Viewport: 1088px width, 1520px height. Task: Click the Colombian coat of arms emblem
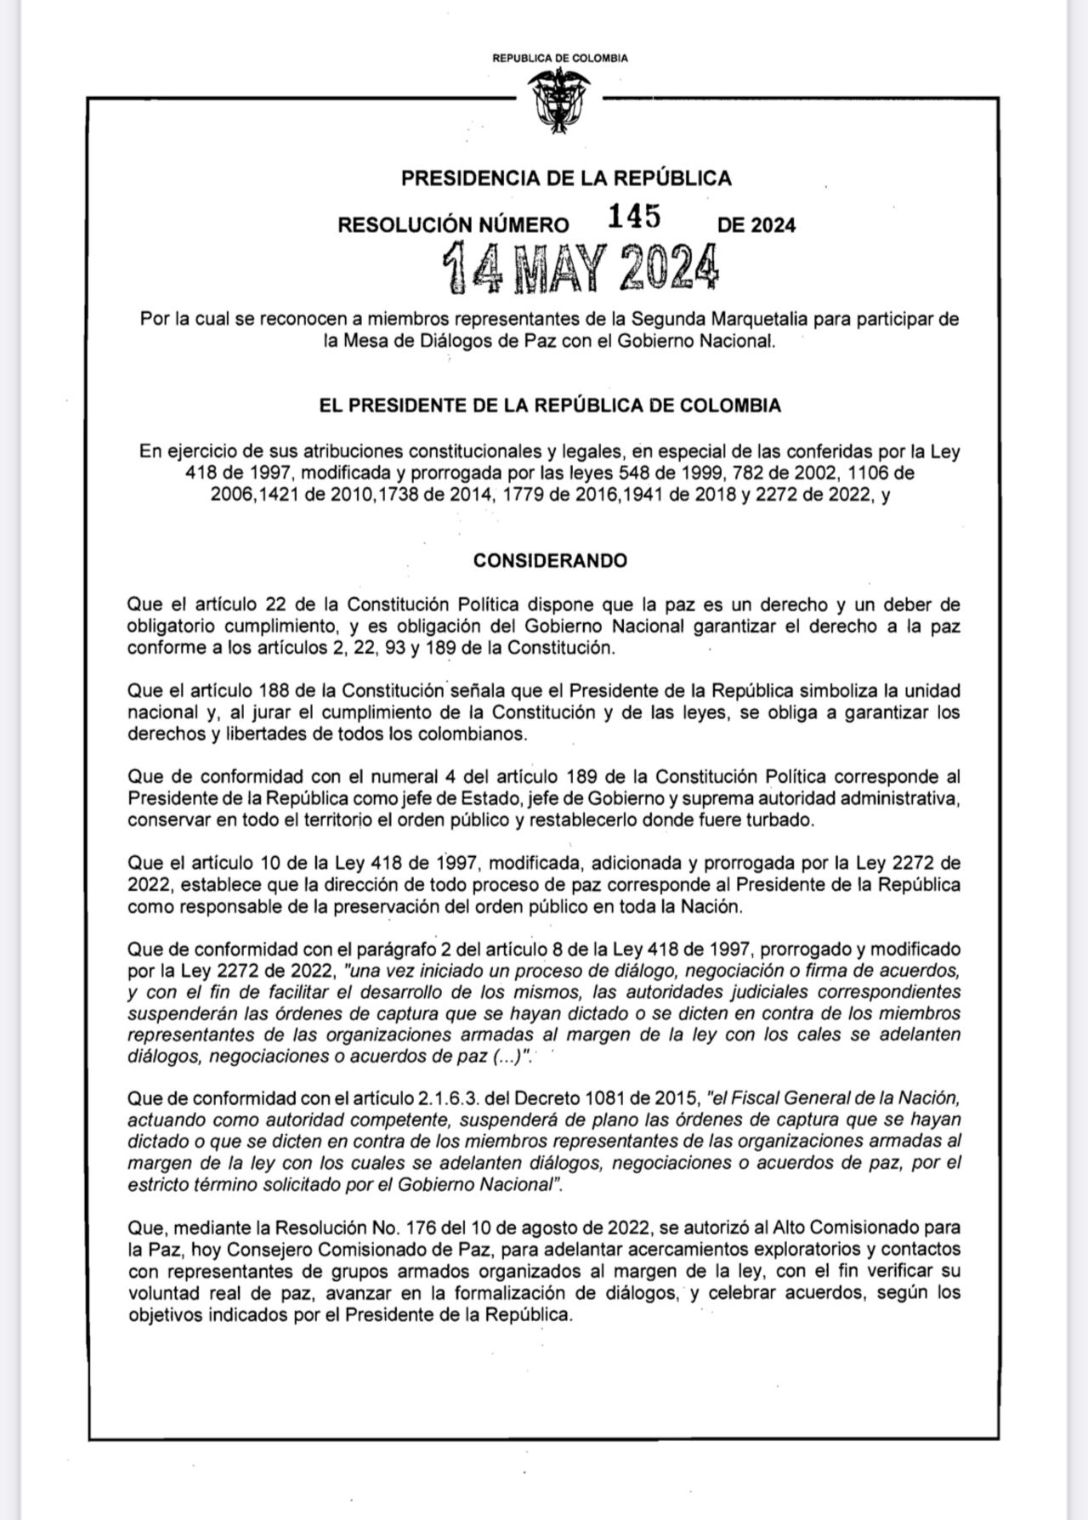coord(559,100)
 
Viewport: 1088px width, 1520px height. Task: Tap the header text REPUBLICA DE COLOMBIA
coord(560,59)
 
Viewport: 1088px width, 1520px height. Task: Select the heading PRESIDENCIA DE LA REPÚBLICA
coord(566,179)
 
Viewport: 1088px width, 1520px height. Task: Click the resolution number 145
coord(633,218)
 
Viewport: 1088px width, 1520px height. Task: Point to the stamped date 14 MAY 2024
coord(582,269)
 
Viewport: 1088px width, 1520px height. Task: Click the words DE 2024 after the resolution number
coord(756,225)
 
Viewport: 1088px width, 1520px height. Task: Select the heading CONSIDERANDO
coord(550,561)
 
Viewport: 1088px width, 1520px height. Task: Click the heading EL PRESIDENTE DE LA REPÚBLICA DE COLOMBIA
coord(550,406)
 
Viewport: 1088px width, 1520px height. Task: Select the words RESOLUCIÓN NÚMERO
coord(453,225)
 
